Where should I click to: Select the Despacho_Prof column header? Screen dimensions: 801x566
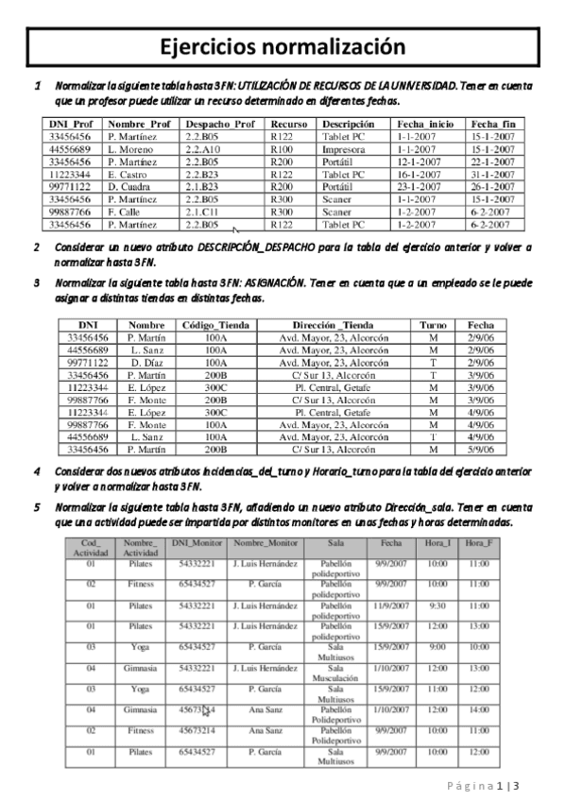[220, 124]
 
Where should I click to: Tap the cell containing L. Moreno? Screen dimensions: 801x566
[130, 148]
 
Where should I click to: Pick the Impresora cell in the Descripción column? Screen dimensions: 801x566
[344, 148]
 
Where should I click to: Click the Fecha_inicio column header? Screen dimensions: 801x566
[425, 124]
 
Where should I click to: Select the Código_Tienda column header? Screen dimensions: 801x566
[214, 325]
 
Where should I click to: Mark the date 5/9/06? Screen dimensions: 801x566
[480, 450]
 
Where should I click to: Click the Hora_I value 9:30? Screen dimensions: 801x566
[436, 605]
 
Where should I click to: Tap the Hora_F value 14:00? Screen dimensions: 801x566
[479, 708]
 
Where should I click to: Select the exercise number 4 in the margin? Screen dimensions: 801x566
[37, 470]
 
